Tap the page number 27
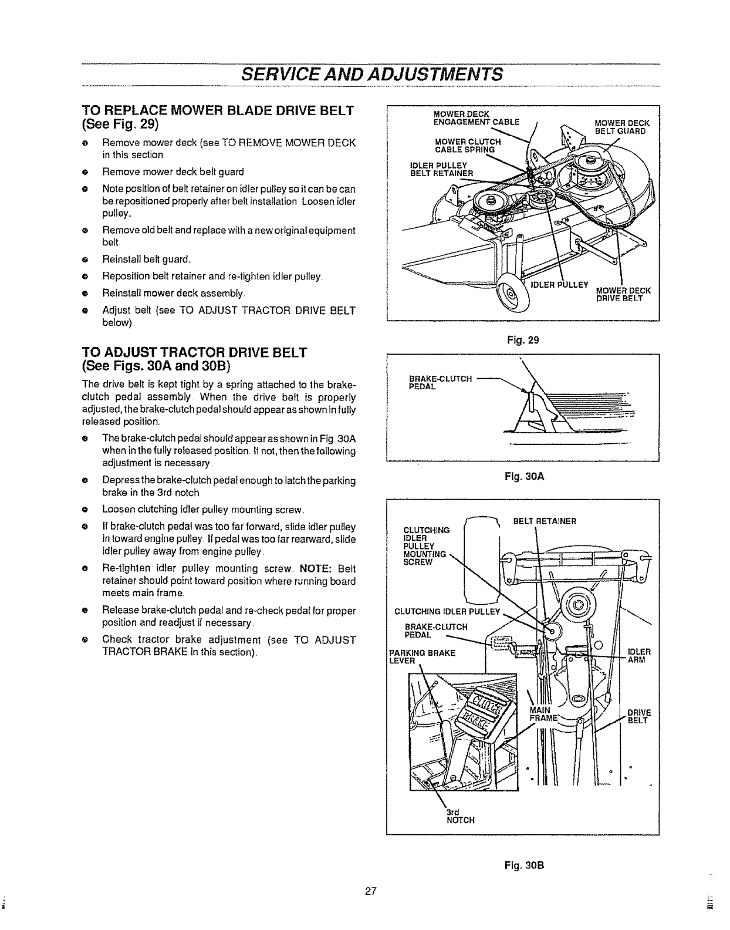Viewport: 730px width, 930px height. tap(370, 892)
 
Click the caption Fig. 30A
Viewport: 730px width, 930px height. tap(525, 477)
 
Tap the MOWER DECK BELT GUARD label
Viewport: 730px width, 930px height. tap(620, 127)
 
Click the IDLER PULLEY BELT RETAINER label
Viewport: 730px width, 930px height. tap(441, 169)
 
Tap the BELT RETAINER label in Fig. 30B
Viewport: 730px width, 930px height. tap(545, 521)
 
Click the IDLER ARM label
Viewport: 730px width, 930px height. tap(639, 655)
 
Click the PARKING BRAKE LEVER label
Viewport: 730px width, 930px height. tap(423, 656)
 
